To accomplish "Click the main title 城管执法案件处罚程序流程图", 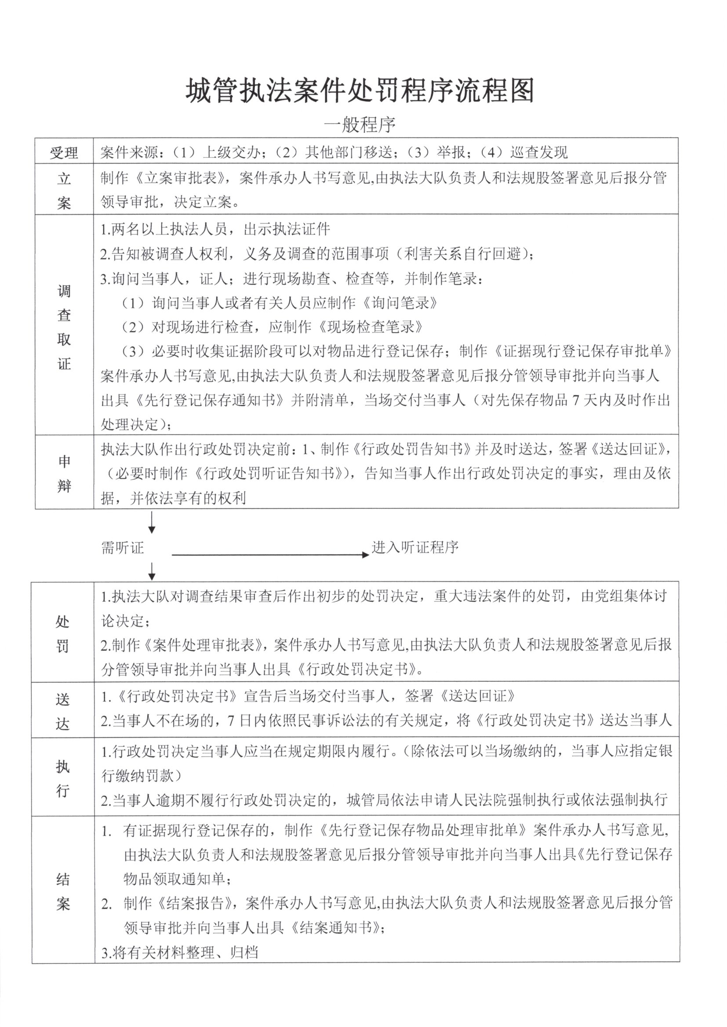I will (360, 91).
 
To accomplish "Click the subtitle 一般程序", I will (360, 125).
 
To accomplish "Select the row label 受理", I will (64, 152).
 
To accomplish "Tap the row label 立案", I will (64, 191).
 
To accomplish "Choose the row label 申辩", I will (64, 473).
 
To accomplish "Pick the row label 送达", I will (63, 711).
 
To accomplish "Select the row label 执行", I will (63, 778).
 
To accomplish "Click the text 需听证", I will (122, 547).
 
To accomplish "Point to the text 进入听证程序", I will (415, 547).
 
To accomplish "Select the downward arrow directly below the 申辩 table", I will (152, 523).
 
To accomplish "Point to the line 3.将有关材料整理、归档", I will (180, 953).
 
